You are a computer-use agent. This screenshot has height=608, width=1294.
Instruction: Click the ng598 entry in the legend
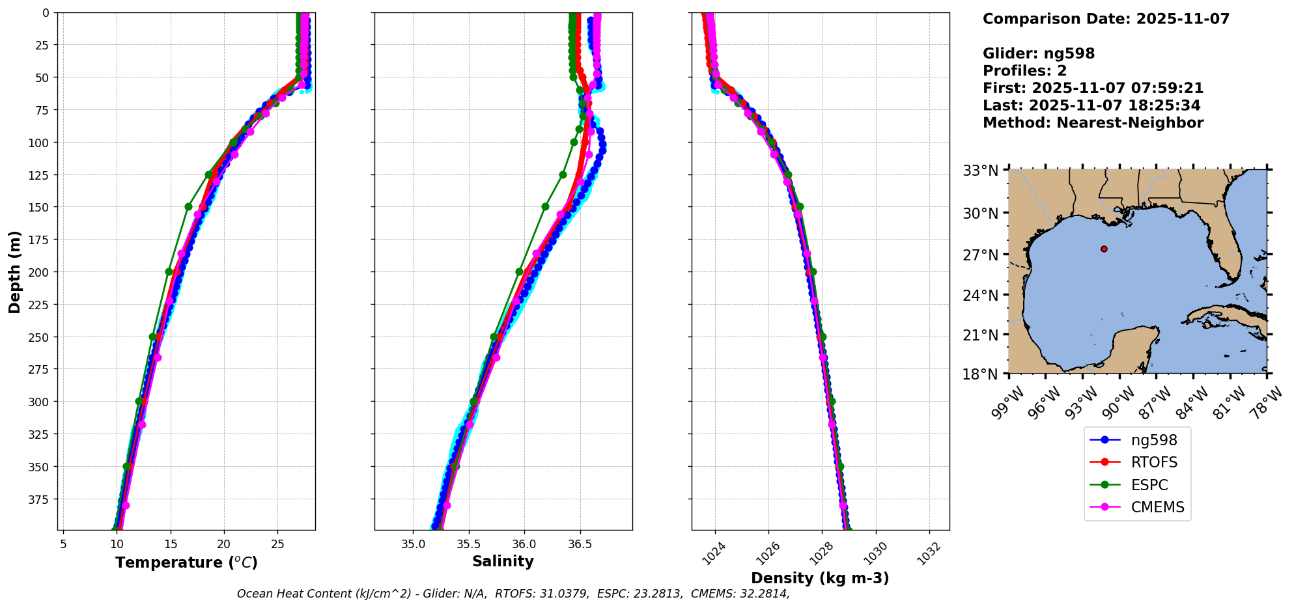1136,440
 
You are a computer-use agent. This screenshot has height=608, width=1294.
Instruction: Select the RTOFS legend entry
1136,462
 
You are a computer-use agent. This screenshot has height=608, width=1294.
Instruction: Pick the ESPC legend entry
1136,485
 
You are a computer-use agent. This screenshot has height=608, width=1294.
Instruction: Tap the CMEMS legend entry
1136,507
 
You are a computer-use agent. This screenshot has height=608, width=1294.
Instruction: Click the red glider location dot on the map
1104,249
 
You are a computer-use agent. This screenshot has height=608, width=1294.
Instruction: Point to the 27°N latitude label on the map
981,255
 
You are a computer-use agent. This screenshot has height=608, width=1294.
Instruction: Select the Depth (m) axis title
14,271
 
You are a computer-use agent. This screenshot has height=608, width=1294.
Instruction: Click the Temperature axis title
186,562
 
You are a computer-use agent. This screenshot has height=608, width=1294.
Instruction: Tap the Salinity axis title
503,561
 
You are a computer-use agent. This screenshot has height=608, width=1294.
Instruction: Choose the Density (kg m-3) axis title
820,578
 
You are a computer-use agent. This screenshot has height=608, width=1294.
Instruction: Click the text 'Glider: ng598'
1038,53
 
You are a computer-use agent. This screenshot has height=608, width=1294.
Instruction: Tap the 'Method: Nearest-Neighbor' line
1093,122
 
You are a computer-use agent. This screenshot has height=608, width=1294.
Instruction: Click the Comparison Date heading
1106,19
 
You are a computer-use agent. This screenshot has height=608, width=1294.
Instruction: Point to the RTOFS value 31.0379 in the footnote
565,594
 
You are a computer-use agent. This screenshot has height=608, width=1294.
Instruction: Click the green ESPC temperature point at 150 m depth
189,206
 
